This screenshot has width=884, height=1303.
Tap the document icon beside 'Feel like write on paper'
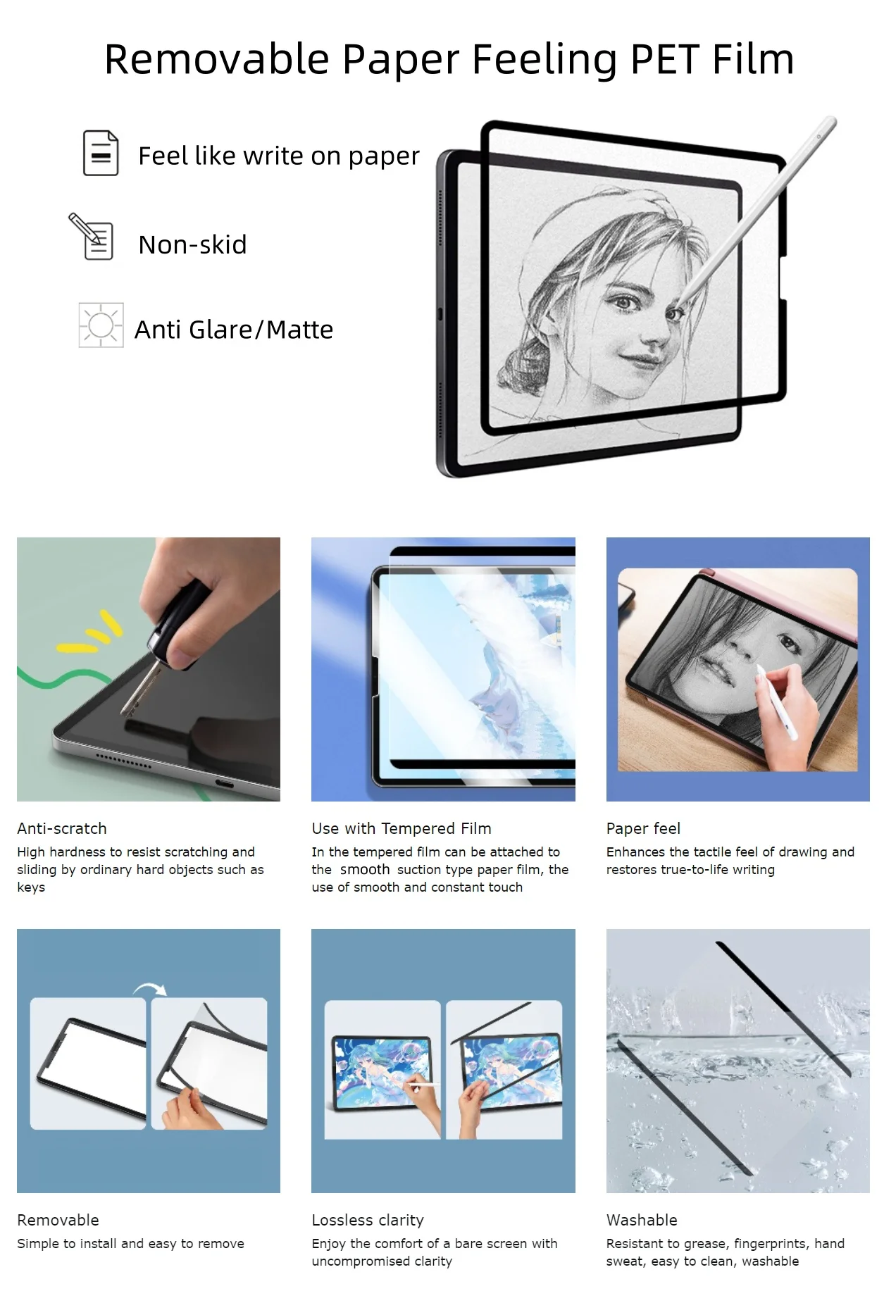pyautogui.click(x=101, y=153)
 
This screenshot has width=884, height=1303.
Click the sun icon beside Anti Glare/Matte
pyautogui.click(x=101, y=325)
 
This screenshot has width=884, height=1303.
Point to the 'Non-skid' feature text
pyautogui.click(x=192, y=244)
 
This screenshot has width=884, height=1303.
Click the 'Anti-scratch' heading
pyautogui.click(x=62, y=828)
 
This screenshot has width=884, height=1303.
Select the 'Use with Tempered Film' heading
pyautogui.click(x=401, y=828)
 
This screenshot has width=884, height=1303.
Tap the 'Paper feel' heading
pyautogui.click(x=643, y=828)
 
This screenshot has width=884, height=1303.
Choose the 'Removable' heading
pyautogui.click(x=58, y=1220)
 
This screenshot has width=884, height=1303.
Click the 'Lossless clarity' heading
pyautogui.click(x=368, y=1220)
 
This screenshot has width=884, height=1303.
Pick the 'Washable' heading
pyautogui.click(x=642, y=1220)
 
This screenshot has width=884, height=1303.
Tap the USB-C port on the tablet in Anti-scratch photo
pyautogui.click(x=225, y=783)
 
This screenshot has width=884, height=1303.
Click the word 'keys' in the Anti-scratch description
pyautogui.click(x=31, y=887)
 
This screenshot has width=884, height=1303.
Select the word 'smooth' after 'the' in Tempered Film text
pyautogui.click(x=365, y=870)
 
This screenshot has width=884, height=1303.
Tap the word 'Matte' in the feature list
pyautogui.click(x=299, y=330)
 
